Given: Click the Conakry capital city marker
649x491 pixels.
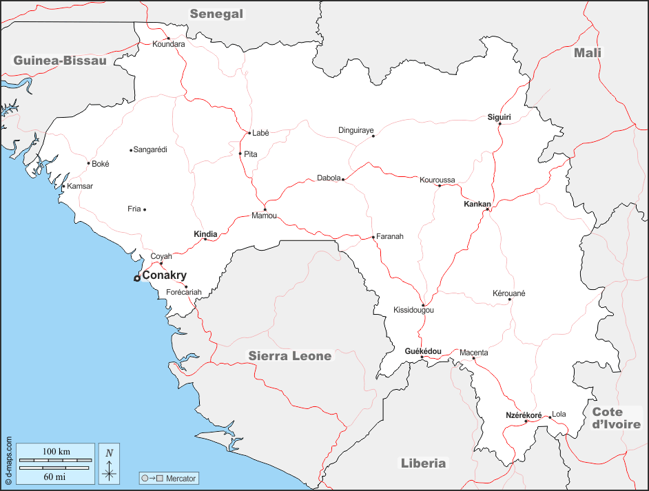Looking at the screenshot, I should tap(137, 278).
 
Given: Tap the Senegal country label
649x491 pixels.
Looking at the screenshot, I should tap(217, 14).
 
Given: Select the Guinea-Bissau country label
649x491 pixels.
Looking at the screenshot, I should tap(61, 61).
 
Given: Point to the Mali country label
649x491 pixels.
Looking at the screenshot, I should tap(588, 53).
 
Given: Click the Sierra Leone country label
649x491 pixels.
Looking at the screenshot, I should tap(289, 356).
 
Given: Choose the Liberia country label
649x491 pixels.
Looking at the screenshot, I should tap(423, 463).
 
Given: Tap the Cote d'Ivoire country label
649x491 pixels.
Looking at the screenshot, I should tap(616, 418).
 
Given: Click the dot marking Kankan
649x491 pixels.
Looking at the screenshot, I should tap(487, 209).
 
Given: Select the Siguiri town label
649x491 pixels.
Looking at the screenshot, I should tap(499, 117).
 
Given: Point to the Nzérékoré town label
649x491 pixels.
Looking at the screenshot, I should tap(524, 415).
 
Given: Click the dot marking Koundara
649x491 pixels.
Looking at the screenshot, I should tap(168, 39).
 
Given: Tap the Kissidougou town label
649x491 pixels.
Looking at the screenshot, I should tap(413, 311).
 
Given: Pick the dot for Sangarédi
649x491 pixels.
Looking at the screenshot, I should tap(131, 150).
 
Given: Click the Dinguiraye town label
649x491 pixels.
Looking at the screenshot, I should tap(356, 130).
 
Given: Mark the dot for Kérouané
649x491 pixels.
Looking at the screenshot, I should tap(510, 300).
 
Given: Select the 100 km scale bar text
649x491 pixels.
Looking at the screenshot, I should tap(56, 452).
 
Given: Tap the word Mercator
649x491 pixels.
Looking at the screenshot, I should tap(181, 479).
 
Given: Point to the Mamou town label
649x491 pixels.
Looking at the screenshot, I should tap(264, 216).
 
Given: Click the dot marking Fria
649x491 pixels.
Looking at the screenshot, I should tap(145, 209).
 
